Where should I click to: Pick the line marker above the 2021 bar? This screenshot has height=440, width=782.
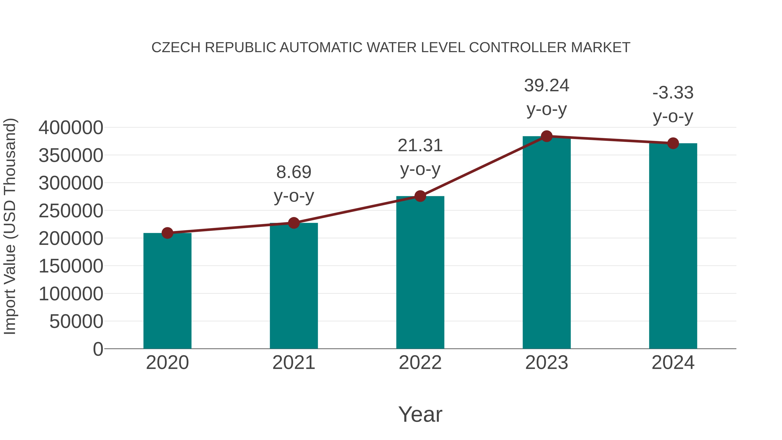(x=293, y=223)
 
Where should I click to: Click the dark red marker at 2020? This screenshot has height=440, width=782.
(x=167, y=233)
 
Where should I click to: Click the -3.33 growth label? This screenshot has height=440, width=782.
(x=673, y=93)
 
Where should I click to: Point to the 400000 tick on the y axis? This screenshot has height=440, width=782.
(x=71, y=128)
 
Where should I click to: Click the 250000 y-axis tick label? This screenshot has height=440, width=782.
(x=71, y=211)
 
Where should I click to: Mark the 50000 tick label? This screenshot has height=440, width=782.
(x=76, y=322)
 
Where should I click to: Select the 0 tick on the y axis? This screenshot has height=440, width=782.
(x=98, y=349)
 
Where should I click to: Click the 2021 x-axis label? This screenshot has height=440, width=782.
(x=293, y=363)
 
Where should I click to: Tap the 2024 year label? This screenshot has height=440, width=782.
(x=673, y=363)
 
